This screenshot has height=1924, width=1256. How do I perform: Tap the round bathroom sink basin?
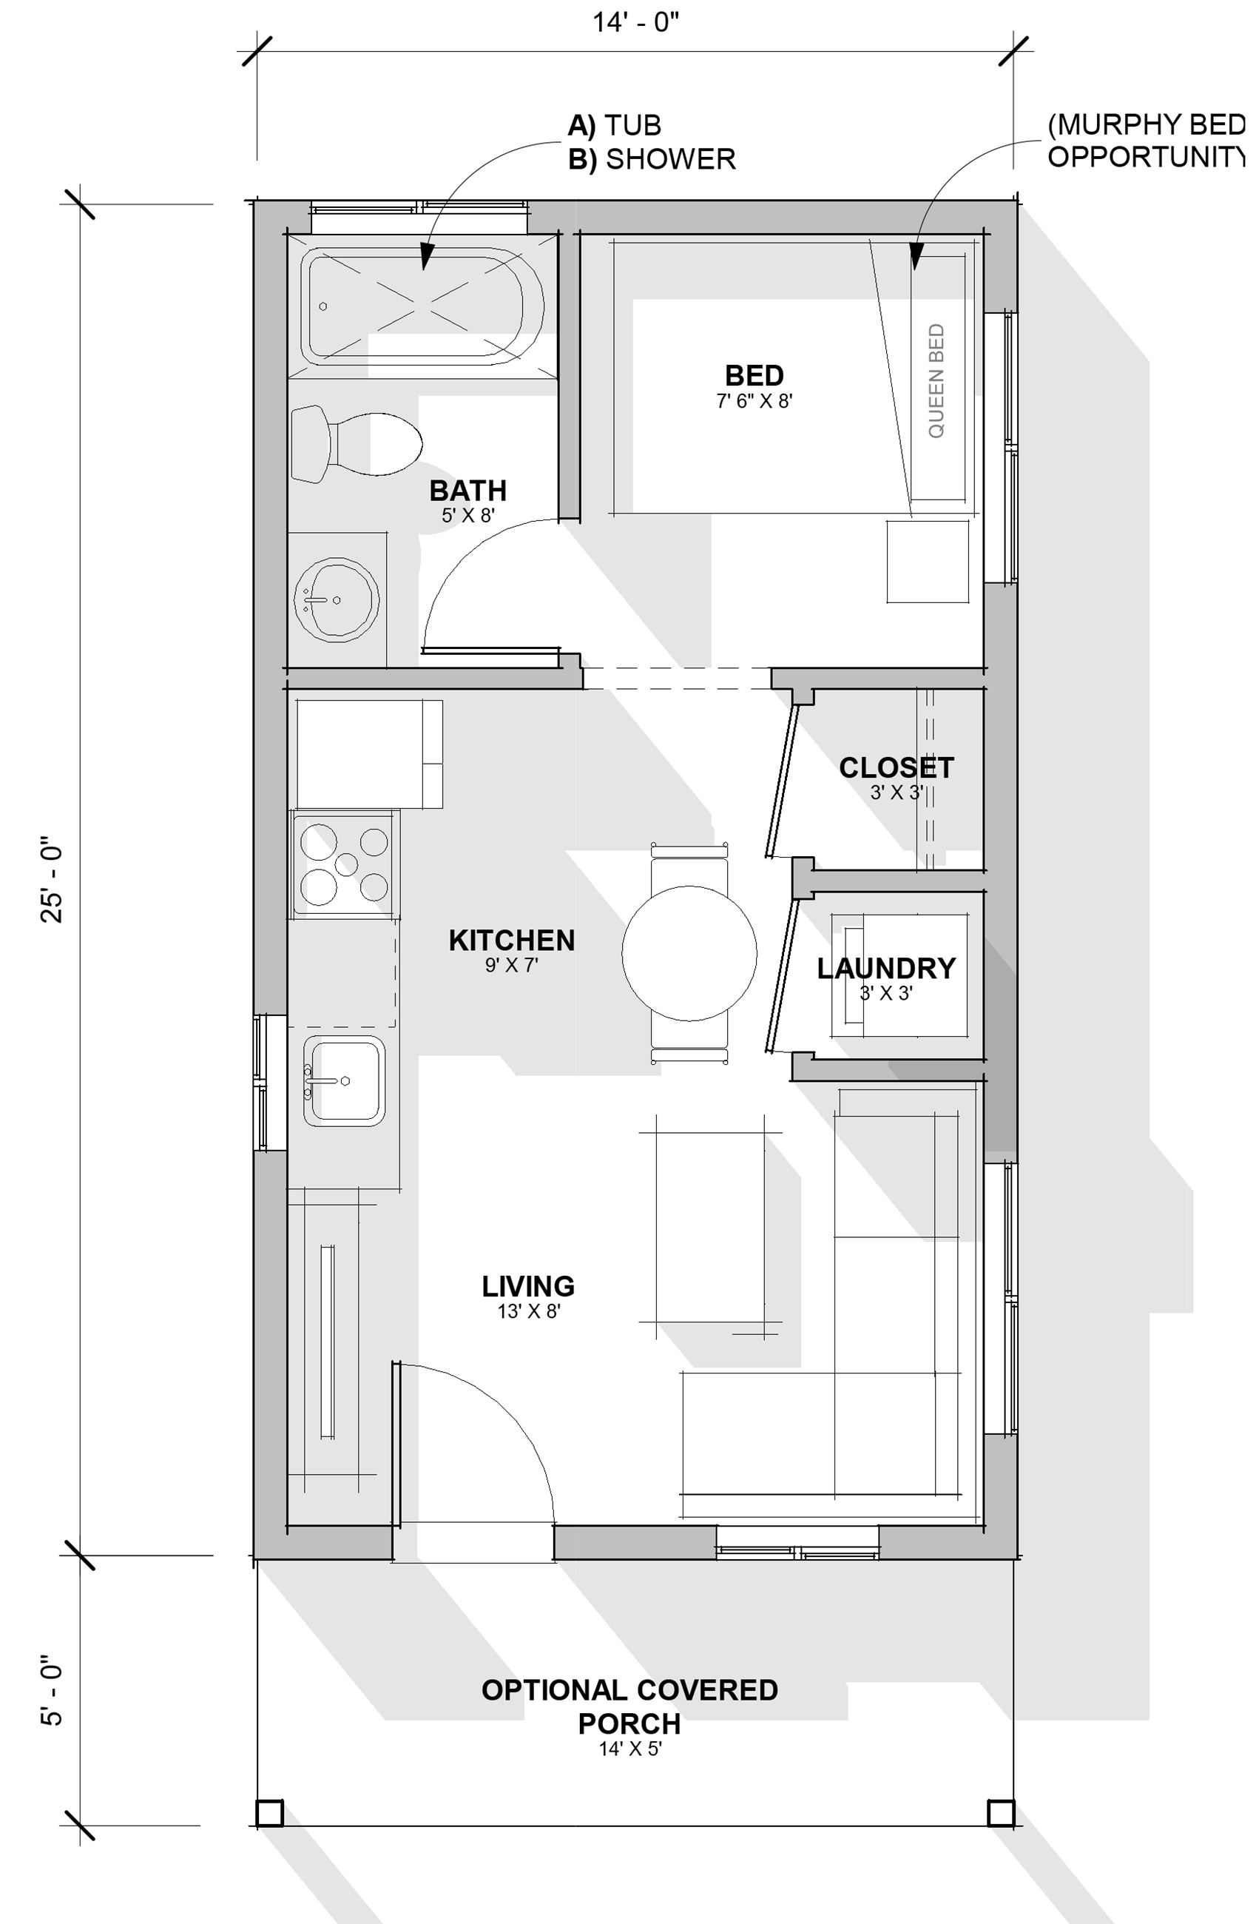[337, 600]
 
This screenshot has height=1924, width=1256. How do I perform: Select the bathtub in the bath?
[422, 306]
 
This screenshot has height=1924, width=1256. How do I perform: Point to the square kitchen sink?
[344, 1081]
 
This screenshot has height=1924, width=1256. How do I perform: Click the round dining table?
[689, 953]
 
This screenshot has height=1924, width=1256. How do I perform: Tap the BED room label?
[753, 376]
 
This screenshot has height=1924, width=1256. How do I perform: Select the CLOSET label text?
[896, 767]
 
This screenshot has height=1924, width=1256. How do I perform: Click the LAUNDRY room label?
[886, 968]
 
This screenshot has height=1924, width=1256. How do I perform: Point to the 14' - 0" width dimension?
[636, 23]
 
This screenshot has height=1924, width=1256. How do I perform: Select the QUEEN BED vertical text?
[936, 381]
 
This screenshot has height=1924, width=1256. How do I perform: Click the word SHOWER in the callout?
[670, 159]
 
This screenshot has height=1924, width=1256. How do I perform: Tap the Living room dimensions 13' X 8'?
[528, 1311]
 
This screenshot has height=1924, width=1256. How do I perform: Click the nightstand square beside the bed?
[927, 562]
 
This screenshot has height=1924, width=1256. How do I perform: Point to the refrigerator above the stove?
[368, 753]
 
